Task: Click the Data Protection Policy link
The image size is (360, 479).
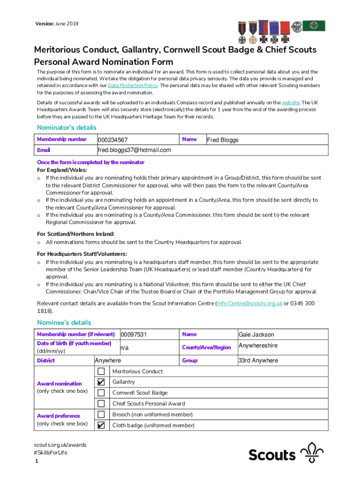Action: click(x=132, y=86)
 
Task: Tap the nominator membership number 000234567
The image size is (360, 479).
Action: click(x=113, y=140)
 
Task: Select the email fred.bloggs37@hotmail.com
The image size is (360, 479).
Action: click(x=134, y=150)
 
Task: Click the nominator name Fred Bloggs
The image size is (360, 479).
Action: click(x=223, y=140)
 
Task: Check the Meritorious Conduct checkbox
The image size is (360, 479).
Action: click(x=101, y=371)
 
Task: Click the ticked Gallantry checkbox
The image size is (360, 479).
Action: click(x=101, y=382)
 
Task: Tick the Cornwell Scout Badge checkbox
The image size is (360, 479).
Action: click(x=101, y=393)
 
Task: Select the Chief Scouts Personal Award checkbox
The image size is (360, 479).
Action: click(x=101, y=404)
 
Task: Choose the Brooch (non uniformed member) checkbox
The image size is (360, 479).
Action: click(x=101, y=414)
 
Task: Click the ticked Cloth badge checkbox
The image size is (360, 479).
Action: click(x=101, y=425)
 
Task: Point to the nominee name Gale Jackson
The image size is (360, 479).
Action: click(x=256, y=334)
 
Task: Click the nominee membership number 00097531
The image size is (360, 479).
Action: click(x=134, y=334)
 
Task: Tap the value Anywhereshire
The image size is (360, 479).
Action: click(x=258, y=346)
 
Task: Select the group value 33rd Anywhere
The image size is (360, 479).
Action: click(x=258, y=361)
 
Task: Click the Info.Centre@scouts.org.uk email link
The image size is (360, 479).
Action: click(x=249, y=304)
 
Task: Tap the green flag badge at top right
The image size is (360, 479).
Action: click(x=314, y=26)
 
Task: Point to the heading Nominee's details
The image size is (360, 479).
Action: click(x=64, y=323)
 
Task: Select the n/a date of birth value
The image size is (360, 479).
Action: click(x=125, y=348)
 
